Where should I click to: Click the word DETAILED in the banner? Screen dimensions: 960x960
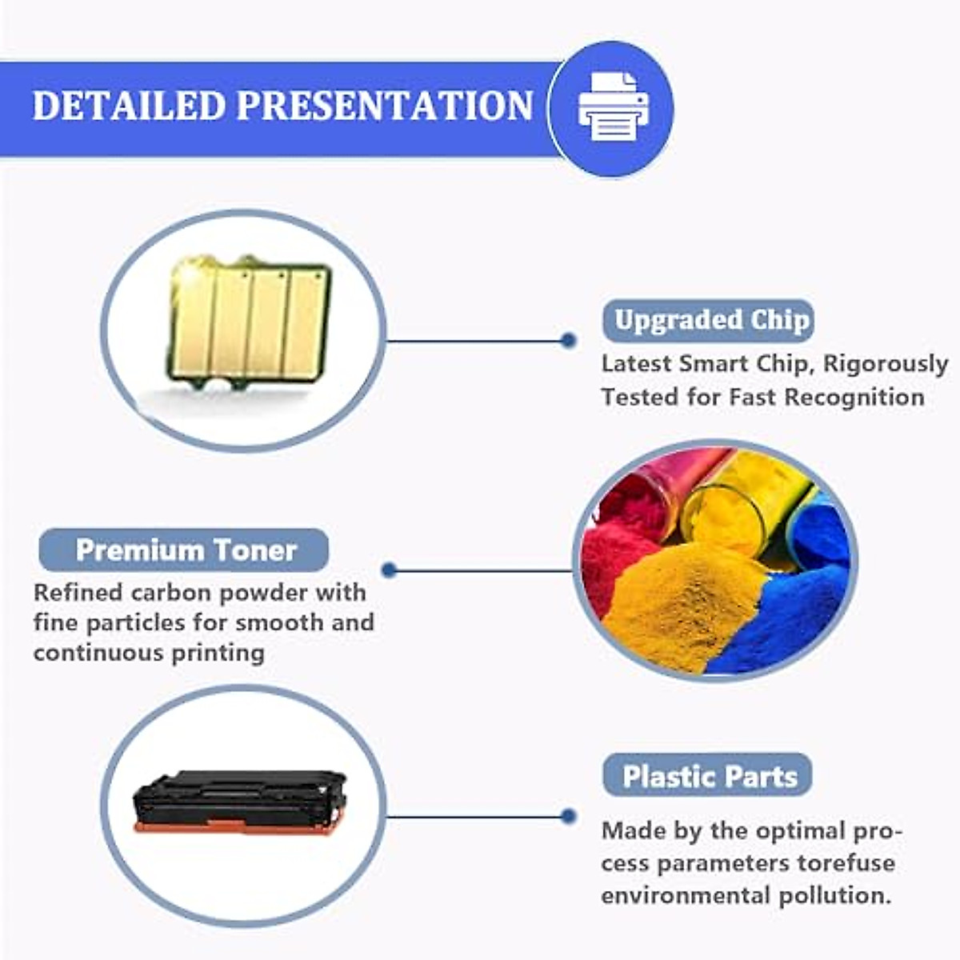pos(128,106)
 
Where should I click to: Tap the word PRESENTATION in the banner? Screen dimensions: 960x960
pos(385,106)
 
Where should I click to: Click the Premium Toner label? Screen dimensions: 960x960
pos(186,550)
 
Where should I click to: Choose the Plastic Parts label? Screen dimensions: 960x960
pos(710,777)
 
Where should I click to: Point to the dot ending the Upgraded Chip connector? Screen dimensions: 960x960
pos(568,341)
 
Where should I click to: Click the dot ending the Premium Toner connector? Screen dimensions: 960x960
pos(390,570)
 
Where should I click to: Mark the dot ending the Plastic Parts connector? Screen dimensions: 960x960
pos(568,817)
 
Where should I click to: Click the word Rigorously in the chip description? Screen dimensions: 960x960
pos(886,365)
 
